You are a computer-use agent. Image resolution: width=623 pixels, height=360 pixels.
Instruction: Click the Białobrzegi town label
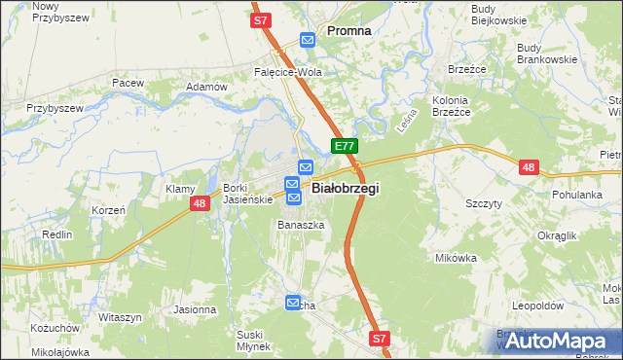(345, 188)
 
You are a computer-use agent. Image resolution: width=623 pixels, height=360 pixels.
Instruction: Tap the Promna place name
(348, 30)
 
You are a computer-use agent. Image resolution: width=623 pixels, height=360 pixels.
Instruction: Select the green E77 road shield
(344, 146)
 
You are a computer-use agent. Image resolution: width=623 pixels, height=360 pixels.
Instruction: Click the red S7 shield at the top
(260, 19)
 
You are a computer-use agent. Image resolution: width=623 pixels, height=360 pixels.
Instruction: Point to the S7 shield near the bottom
(380, 339)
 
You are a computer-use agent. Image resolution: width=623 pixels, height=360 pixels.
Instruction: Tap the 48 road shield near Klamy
(200, 203)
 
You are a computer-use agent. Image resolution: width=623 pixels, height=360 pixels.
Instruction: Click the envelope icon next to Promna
(309, 40)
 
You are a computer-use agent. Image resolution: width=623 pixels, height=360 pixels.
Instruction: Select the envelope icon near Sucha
(293, 305)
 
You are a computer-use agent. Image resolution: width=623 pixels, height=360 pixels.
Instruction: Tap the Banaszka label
(300, 225)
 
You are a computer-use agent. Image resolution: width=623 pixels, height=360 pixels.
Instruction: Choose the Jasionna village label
(195, 309)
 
